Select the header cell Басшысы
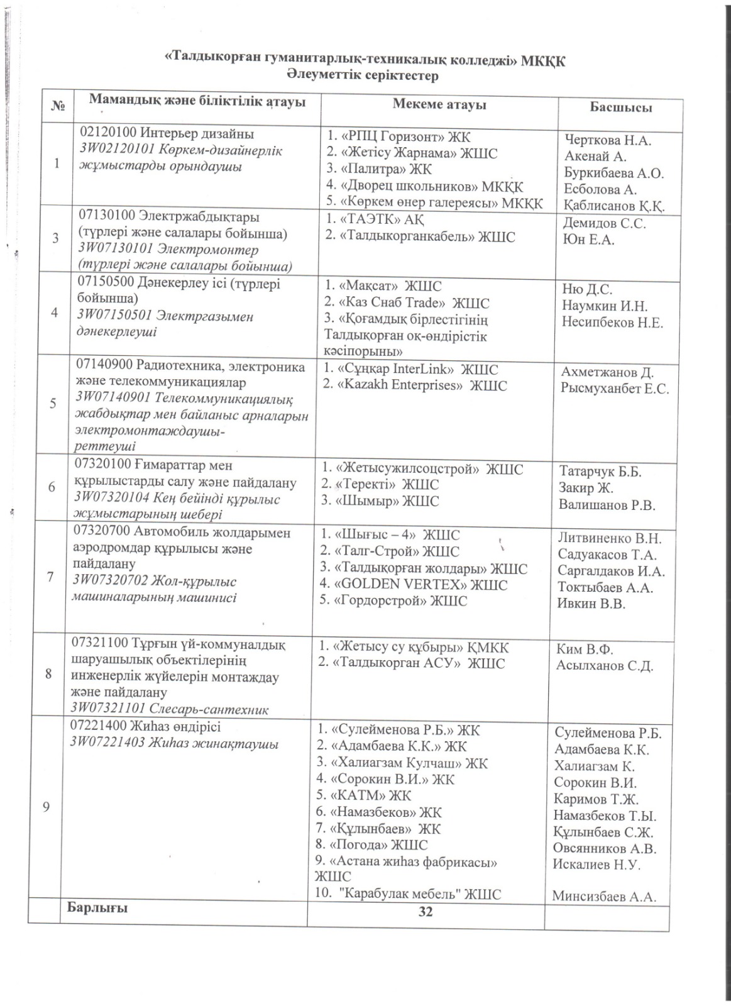tap(620, 107)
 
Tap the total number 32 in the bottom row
tap(426, 912)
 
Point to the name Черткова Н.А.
tap(608, 140)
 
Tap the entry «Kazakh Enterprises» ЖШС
tap(414, 385)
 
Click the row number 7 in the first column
tap(49, 577)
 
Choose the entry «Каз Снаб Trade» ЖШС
tap(406, 303)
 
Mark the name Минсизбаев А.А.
tap(604, 897)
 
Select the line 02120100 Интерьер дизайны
tap(166, 134)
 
